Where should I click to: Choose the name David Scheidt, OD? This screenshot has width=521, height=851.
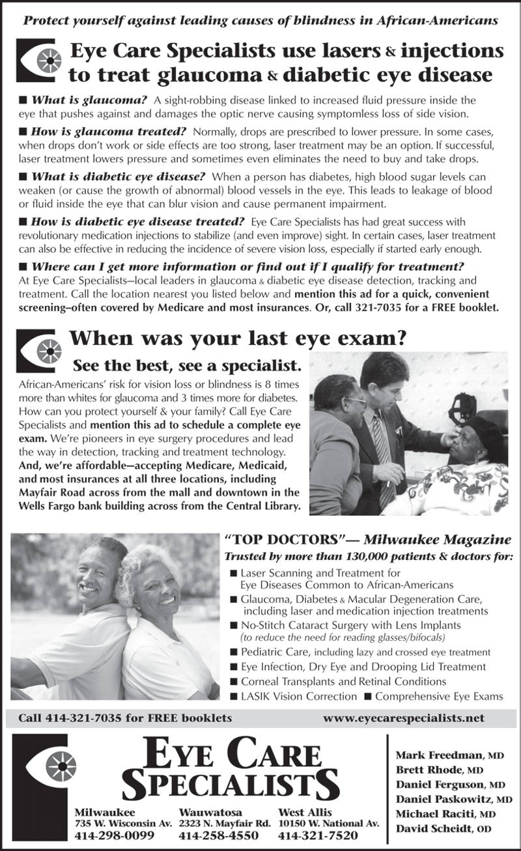(444, 828)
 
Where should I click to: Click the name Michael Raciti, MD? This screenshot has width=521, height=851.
(445, 814)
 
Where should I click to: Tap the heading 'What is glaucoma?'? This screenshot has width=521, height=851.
(89, 100)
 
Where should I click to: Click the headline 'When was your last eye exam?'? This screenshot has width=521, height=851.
(238, 339)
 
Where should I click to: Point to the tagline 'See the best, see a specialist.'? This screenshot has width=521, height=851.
(186, 365)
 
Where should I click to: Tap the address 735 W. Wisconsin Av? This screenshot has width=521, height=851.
(123, 824)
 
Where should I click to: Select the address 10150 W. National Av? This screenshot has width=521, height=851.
(328, 824)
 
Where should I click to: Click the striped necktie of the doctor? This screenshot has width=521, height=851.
(383, 456)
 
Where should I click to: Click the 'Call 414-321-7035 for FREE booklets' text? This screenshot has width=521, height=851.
(125, 718)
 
